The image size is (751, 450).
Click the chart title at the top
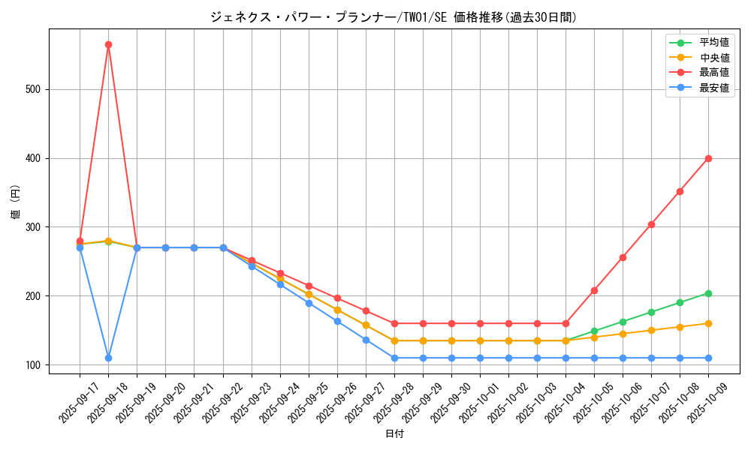coord(394,17)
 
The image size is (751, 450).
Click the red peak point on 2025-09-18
coord(108,44)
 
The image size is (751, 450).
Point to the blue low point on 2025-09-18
coord(108,358)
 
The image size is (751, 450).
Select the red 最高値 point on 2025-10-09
coord(708,158)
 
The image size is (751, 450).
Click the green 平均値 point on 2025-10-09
coord(708,293)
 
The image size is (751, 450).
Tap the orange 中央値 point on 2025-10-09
coord(708,323)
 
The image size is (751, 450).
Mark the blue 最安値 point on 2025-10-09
coord(708,358)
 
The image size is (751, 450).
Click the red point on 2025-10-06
coord(623,257)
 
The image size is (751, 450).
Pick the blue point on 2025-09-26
coord(337,321)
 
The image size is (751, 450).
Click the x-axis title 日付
coord(394,434)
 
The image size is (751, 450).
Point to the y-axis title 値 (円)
coord(15,202)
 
